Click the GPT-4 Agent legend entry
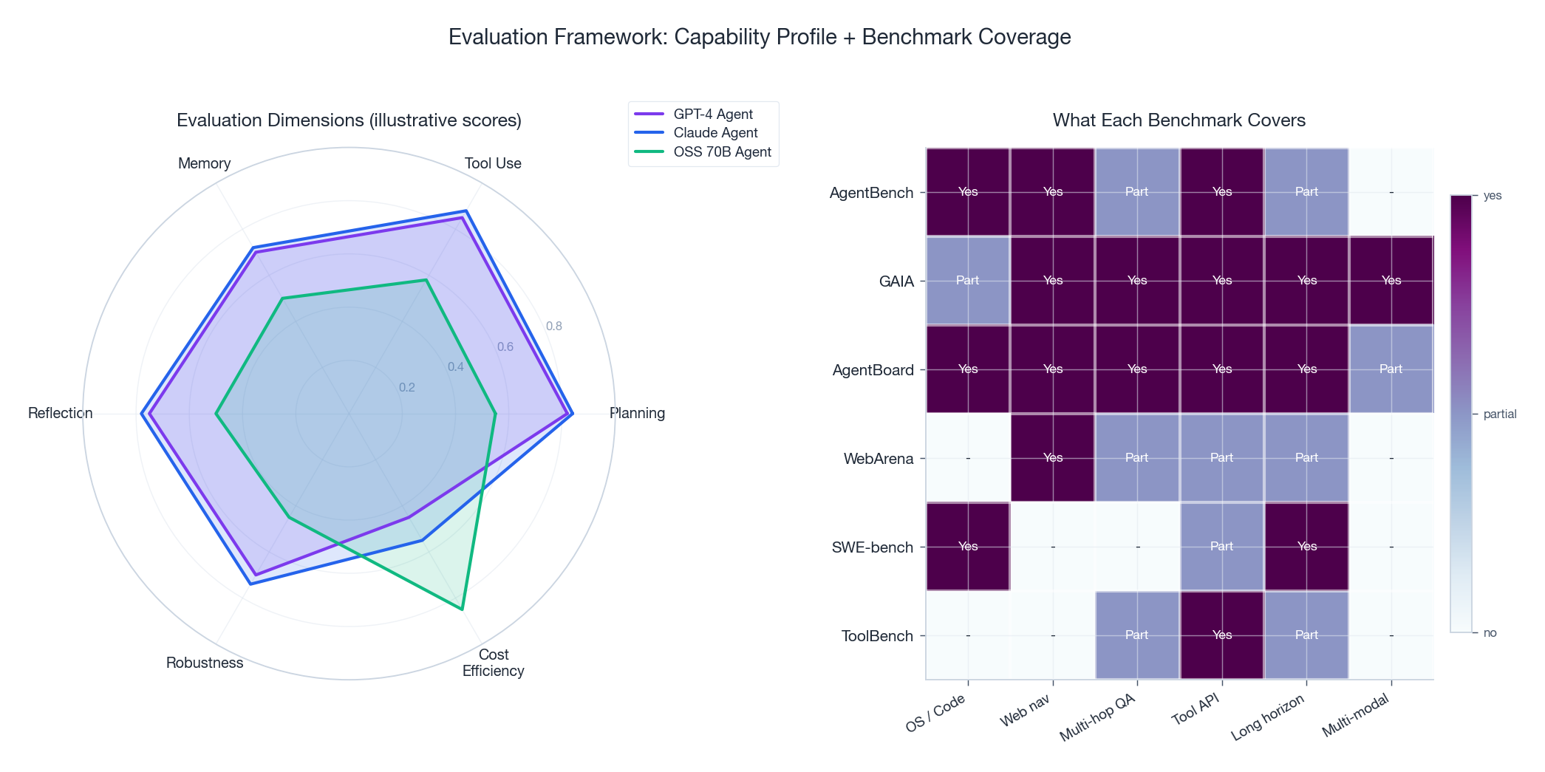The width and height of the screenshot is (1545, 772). coord(712,114)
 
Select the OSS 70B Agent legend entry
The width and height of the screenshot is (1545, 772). coord(721,151)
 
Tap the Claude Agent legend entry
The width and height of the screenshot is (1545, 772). coord(714,133)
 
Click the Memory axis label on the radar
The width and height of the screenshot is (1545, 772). coord(204,163)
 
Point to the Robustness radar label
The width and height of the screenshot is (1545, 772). coord(205,663)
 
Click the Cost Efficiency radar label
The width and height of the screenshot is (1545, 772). coord(493,663)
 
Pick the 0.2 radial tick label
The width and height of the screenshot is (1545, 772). coord(407,387)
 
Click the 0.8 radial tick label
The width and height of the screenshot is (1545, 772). coord(553,327)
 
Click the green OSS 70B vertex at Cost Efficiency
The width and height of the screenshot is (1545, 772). coord(462,609)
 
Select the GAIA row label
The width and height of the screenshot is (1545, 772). coord(896,281)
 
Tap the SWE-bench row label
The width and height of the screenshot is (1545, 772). coord(873,547)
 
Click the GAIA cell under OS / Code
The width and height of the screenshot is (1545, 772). coord(967,281)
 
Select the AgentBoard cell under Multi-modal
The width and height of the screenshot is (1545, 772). coord(1391,369)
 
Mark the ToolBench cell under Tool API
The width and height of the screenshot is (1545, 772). coord(1222,635)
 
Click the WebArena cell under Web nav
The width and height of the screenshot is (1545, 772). coord(1052,458)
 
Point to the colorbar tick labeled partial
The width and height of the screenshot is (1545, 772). coord(1499,414)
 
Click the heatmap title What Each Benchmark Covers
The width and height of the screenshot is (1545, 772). coord(1179,120)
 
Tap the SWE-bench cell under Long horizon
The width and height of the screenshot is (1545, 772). coord(1306,547)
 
